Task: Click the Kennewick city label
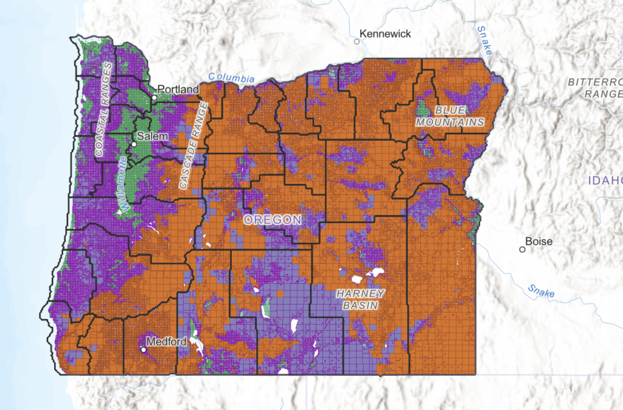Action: (x=386, y=34)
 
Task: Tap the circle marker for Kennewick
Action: (x=357, y=41)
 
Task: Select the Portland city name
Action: (x=178, y=90)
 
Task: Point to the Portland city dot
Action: (x=155, y=97)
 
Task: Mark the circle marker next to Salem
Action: (x=134, y=144)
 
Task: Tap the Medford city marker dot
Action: (x=144, y=350)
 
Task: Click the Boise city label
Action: (x=540, y=241)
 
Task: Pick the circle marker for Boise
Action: (x=522, y=249)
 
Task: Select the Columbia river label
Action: (x=231, y=78)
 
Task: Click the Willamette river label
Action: (x=125, y=184)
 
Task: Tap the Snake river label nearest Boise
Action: (x=541, y=291)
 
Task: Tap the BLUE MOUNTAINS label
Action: (x=450, y=116)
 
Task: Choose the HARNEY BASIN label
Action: (x=361, y=299)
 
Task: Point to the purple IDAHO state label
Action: (x=605, y=180)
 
